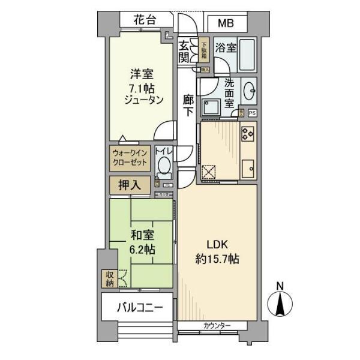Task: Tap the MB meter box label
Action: pos(226,23)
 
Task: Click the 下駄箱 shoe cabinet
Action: pos(205,52)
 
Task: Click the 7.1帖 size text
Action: pos(143,88)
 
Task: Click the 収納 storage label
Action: pos(109,278)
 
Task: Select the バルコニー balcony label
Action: pos(139,308)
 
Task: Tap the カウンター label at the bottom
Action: pos(216,326)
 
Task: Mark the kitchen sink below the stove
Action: pos(248,169)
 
